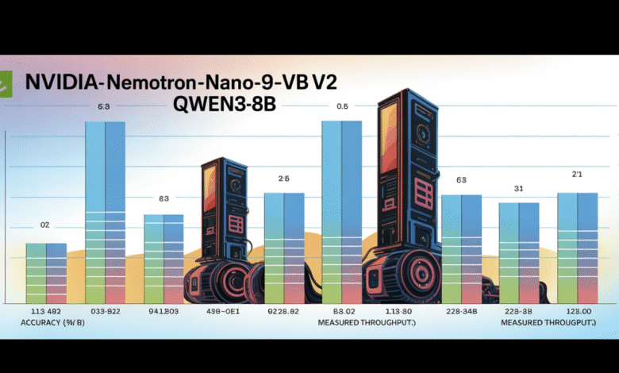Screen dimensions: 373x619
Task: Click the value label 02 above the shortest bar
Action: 44,226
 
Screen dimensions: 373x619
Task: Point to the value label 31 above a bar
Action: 518,188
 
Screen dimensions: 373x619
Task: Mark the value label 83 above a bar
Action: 163,199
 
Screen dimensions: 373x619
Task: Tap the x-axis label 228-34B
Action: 461,311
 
